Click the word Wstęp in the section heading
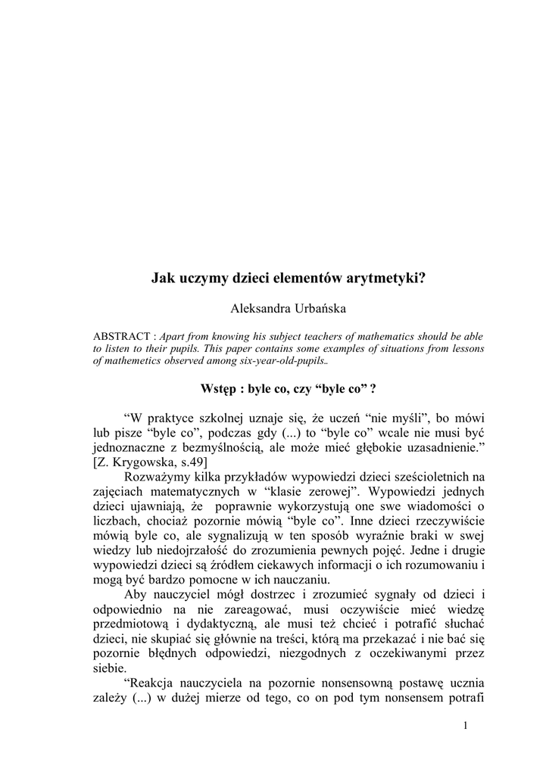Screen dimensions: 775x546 click(218, 389)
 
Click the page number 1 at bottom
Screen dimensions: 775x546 click(464, 726)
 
